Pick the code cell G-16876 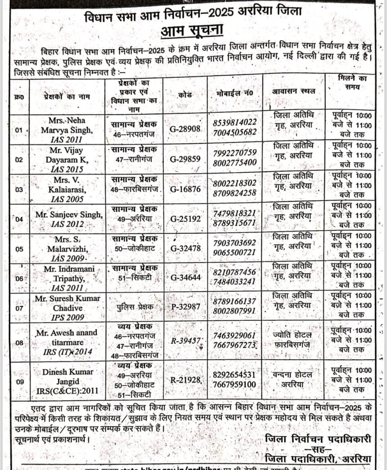(x=185, y=188)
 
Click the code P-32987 (x=185, y=306)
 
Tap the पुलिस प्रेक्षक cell (x=133, y=306)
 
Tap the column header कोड (x=185, y=95)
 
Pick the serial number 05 (x=19, y=248)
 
